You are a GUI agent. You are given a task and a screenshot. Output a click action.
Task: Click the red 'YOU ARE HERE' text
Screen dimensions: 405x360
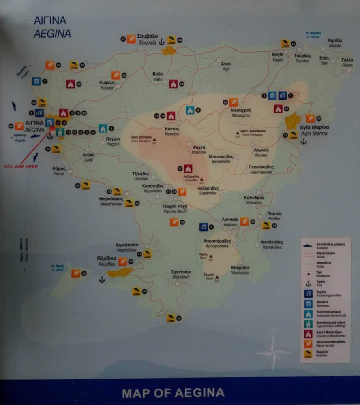coord(21,166)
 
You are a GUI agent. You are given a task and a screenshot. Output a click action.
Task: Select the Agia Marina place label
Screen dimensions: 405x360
coord(313,130)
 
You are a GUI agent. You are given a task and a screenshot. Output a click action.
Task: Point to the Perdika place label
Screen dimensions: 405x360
coord(107,260)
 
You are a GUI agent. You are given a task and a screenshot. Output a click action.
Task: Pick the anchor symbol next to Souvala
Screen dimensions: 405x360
coord(161,41)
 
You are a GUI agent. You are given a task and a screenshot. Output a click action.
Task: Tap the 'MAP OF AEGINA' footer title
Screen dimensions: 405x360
coord(173,392)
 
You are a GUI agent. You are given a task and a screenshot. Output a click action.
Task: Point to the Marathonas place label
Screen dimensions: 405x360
coord(111,201)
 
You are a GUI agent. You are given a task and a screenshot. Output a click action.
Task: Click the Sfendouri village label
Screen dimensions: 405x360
coord(181,275)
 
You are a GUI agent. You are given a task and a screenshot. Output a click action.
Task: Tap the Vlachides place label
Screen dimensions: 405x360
coord(240,270)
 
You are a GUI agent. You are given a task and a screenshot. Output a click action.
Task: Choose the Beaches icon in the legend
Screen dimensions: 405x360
coord(309,354)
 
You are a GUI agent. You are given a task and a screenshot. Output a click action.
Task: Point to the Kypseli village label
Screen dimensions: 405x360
coord(106,85)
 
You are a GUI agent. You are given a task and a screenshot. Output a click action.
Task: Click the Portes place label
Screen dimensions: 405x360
coord(274,216)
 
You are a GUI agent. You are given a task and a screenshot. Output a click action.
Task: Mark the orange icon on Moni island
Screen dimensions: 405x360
coord(75,273)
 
